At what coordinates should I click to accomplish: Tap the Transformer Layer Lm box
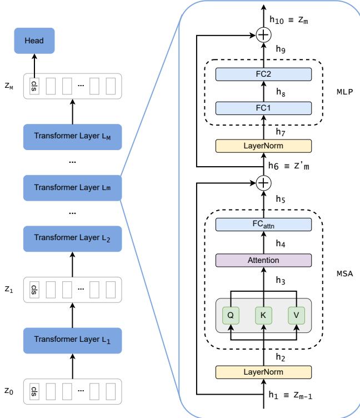coord(73,187)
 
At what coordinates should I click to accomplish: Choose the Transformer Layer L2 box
coord(73,238)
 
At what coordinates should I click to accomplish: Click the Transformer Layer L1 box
coord(73,340)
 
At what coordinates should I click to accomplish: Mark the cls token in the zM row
coord(34,87)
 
